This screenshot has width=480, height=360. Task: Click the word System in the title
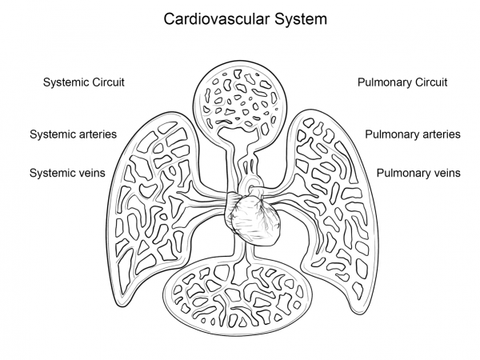(298, 18)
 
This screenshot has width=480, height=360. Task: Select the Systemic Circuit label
(84, 82)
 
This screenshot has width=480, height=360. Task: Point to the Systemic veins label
(67, 173)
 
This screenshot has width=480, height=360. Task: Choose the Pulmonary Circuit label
(402, 82)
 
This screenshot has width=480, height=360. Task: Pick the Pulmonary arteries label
(413, 134)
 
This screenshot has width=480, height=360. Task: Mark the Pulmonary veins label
(418, 173)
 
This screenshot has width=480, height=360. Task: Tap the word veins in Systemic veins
(89, 173)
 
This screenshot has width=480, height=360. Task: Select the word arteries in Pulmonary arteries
(440, 134)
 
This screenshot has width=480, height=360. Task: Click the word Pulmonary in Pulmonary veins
(402, 173)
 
